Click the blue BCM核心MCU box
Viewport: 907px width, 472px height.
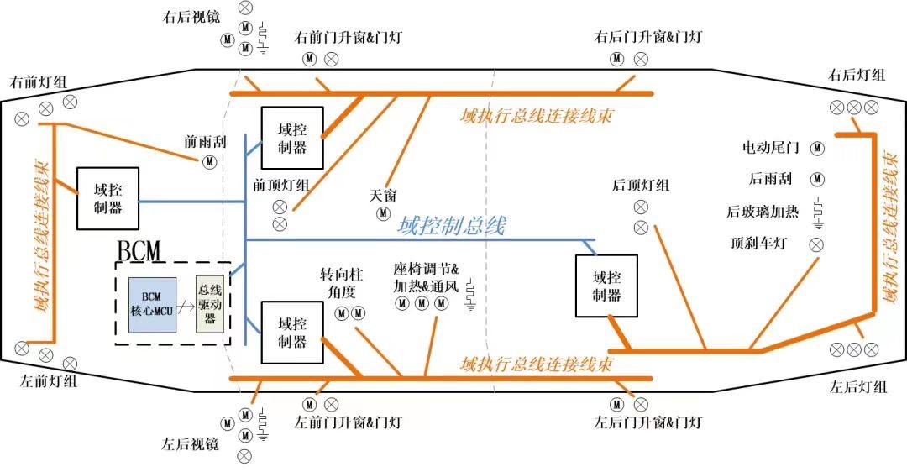(152, 303)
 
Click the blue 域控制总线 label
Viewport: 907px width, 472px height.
(452, 226)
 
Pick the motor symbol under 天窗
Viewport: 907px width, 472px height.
(383, 213)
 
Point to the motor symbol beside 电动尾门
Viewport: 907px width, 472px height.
(817, 148)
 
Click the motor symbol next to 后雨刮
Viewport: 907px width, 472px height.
(817, 179)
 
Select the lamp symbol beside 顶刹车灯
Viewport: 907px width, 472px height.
(815, 244)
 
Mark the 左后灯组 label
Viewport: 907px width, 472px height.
(857, 387)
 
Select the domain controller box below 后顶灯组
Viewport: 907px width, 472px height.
(606, 286)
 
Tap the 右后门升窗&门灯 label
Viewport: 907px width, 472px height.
(647, 37)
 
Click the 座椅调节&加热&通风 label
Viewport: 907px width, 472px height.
(427, 279)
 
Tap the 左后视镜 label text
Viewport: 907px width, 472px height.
(190, 443)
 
